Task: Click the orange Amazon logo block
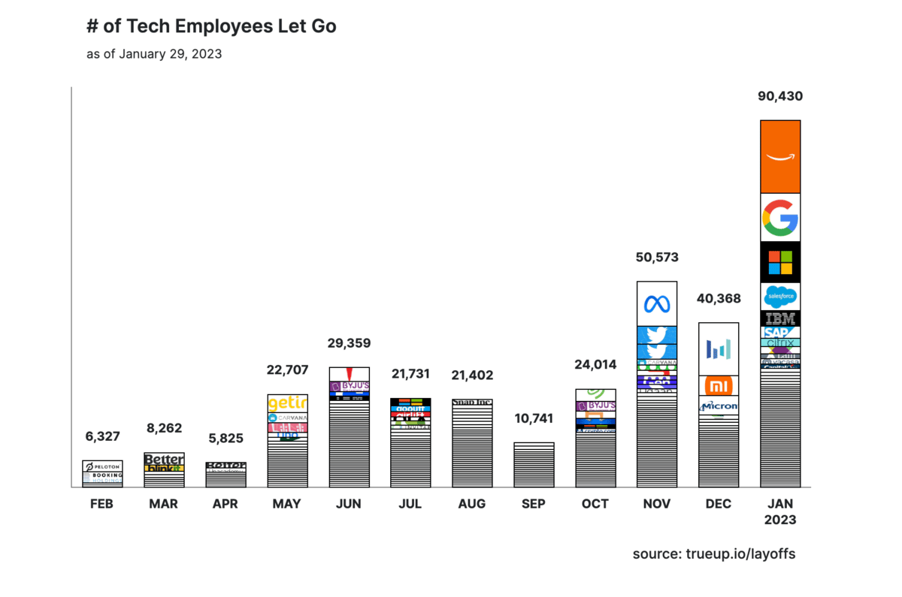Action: click(780, 156)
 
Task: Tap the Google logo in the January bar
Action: click(780, 217)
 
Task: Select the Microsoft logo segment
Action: click(780, 262)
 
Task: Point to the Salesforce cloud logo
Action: click(780, 297)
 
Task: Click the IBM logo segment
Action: click(780, 318)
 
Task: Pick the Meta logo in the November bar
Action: click(657, 303)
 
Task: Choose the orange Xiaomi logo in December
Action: click(719, 386)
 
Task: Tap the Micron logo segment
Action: click(719, 406)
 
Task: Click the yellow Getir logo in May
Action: click(287, 403)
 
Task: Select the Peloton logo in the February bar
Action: click(102, 466)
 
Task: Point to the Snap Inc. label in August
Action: click(472, 403)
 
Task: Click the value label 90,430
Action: click(780, 96)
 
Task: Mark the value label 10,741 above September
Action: click(534, 418)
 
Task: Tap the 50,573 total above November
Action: click(657, 258)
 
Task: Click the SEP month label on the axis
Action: click(534, 504)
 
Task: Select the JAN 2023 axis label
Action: click(780, 511)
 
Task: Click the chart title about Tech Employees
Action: click(211, 27)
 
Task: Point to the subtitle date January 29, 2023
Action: click(154, 54)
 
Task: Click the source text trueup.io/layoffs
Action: click(713, 554)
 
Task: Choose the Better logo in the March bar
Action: click(164, 459)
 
